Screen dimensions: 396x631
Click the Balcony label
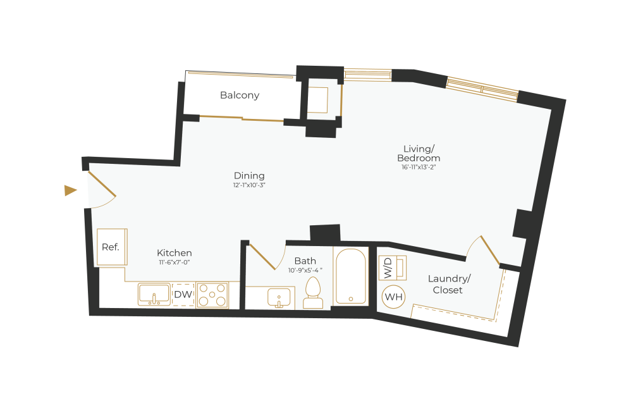point(240,96)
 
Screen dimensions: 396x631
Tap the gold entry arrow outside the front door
point(70,190)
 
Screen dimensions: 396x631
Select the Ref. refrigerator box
point(111,247)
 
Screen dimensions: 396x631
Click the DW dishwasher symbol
point(183,294)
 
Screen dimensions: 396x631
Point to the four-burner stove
point(212,295)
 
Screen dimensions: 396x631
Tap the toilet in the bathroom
point(313,294)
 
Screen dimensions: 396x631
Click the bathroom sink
point(278,297)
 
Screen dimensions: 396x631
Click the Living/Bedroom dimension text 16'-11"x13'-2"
point(417,168)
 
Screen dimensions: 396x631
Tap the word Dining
point(249,176)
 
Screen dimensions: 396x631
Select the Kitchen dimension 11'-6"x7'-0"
point(174,262)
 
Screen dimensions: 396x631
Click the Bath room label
point(305,261)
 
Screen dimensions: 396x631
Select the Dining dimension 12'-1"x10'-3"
point(249,185)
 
